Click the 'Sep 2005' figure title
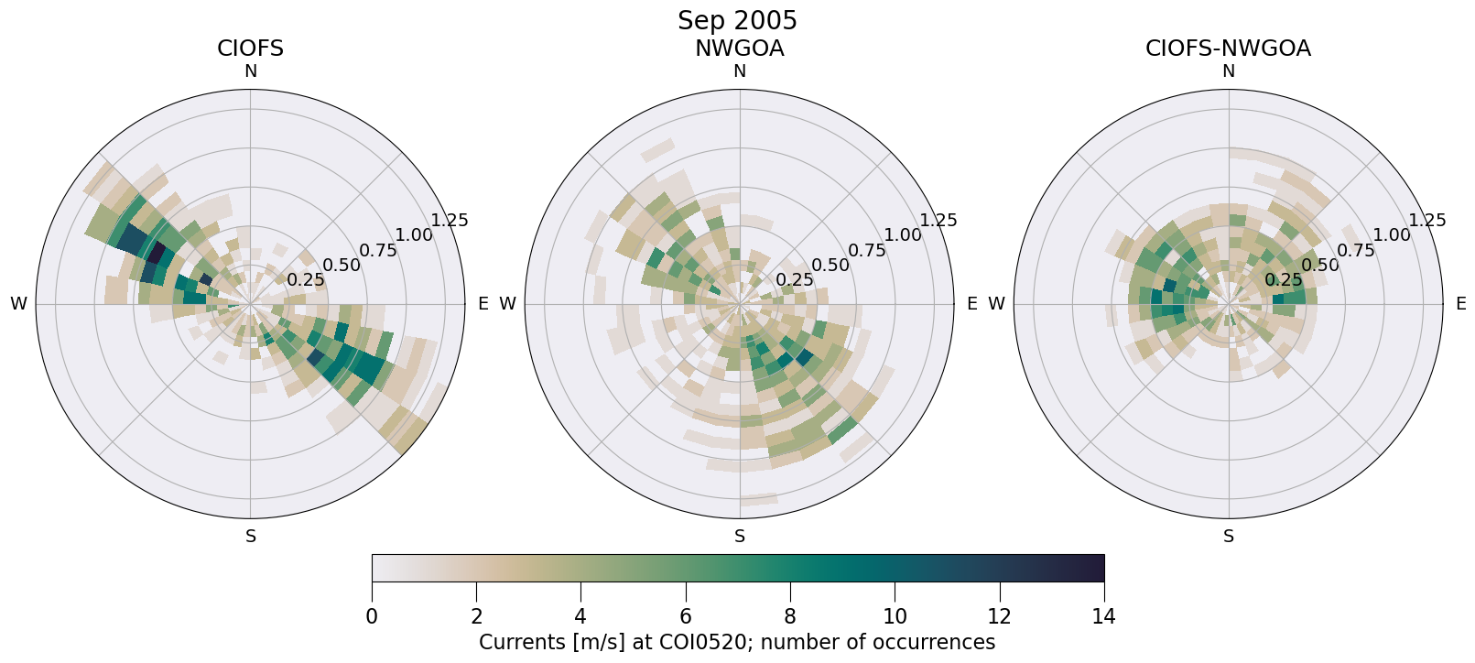click(737, 20)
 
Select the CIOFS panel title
click(250, 49)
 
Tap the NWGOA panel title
click(739, 49)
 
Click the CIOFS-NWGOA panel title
click(1228, 49)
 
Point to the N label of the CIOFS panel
click(250, 71)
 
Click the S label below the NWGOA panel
click(740, 537)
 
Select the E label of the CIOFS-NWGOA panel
click(1461, 304)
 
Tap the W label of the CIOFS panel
click(18, 304)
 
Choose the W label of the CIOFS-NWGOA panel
click(996, 304)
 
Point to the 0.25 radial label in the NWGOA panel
click(794, 280)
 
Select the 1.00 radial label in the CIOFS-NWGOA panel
click(1392, 235)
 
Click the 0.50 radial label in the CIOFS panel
click(342, 266)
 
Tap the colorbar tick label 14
click(1104, 616)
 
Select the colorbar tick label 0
click(372, 616)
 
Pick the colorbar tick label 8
click(790, 616)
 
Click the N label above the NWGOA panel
click(740, 71)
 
